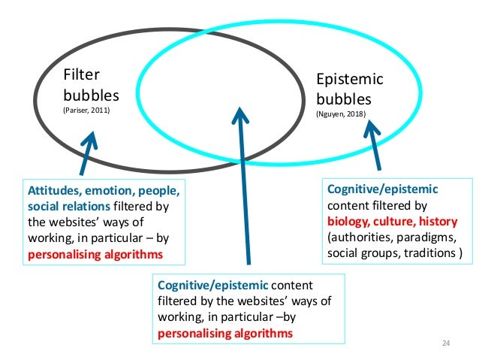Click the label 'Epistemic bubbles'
click(x=350, y=89)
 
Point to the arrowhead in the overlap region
click(x=239, y=115)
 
